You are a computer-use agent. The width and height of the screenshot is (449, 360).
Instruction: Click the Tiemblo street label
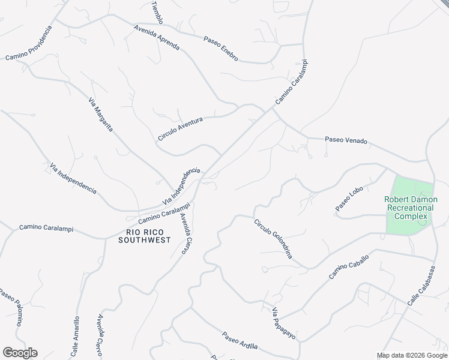[157, 12]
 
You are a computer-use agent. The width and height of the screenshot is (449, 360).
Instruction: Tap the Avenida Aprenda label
[157, 37]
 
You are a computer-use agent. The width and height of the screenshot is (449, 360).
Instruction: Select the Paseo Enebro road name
[220, 49]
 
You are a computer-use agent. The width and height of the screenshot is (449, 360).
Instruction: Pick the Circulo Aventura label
[180, 129]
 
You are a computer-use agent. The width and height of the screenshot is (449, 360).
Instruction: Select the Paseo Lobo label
[349, 199]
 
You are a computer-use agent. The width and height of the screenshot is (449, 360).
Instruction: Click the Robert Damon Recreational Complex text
[411, 208]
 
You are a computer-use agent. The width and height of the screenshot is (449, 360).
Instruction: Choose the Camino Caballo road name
[349, 266]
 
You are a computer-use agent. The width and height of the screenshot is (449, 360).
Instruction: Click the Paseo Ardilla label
[240, 341]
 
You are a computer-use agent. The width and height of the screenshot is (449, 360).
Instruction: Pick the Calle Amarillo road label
[76, 337]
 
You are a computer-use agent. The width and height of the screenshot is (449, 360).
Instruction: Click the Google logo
[20, 353]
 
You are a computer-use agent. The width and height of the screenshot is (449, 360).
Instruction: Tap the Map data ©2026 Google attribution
[412, 355]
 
